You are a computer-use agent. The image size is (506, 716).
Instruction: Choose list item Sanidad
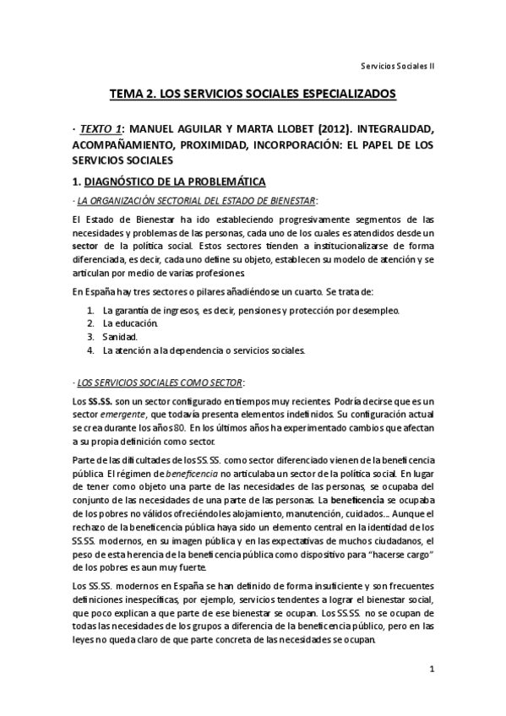click(121, 336)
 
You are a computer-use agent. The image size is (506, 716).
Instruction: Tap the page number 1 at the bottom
click(431, 670)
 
